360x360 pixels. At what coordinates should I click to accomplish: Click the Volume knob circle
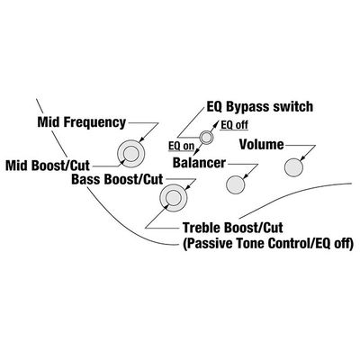(x=293, y=167)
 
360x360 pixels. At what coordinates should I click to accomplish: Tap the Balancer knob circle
(x=235, y=184)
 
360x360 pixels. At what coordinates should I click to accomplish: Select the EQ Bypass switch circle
(x=206, y=138)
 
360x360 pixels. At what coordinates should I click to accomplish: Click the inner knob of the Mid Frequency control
(x=130, y=154)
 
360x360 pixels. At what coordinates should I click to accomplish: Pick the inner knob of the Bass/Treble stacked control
(x=174, y=197)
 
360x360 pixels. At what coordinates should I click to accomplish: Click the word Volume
(x=262, y=145)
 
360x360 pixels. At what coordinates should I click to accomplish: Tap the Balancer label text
(x=199, y=163)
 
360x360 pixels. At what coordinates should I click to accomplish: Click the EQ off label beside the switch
(x=234, y=125)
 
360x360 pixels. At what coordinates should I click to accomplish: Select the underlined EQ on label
(x=181, y=146)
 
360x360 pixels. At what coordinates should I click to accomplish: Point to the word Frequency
(x=94, y=122)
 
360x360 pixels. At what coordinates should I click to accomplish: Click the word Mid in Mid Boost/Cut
(x=17, y=166)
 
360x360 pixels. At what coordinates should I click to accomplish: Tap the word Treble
(x=202, y=228)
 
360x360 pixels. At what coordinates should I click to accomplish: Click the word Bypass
(x=247, y=107)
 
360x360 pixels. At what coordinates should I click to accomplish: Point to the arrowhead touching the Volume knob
(x=302, y=159)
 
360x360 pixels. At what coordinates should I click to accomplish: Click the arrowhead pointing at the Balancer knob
(x=244, y=176)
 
